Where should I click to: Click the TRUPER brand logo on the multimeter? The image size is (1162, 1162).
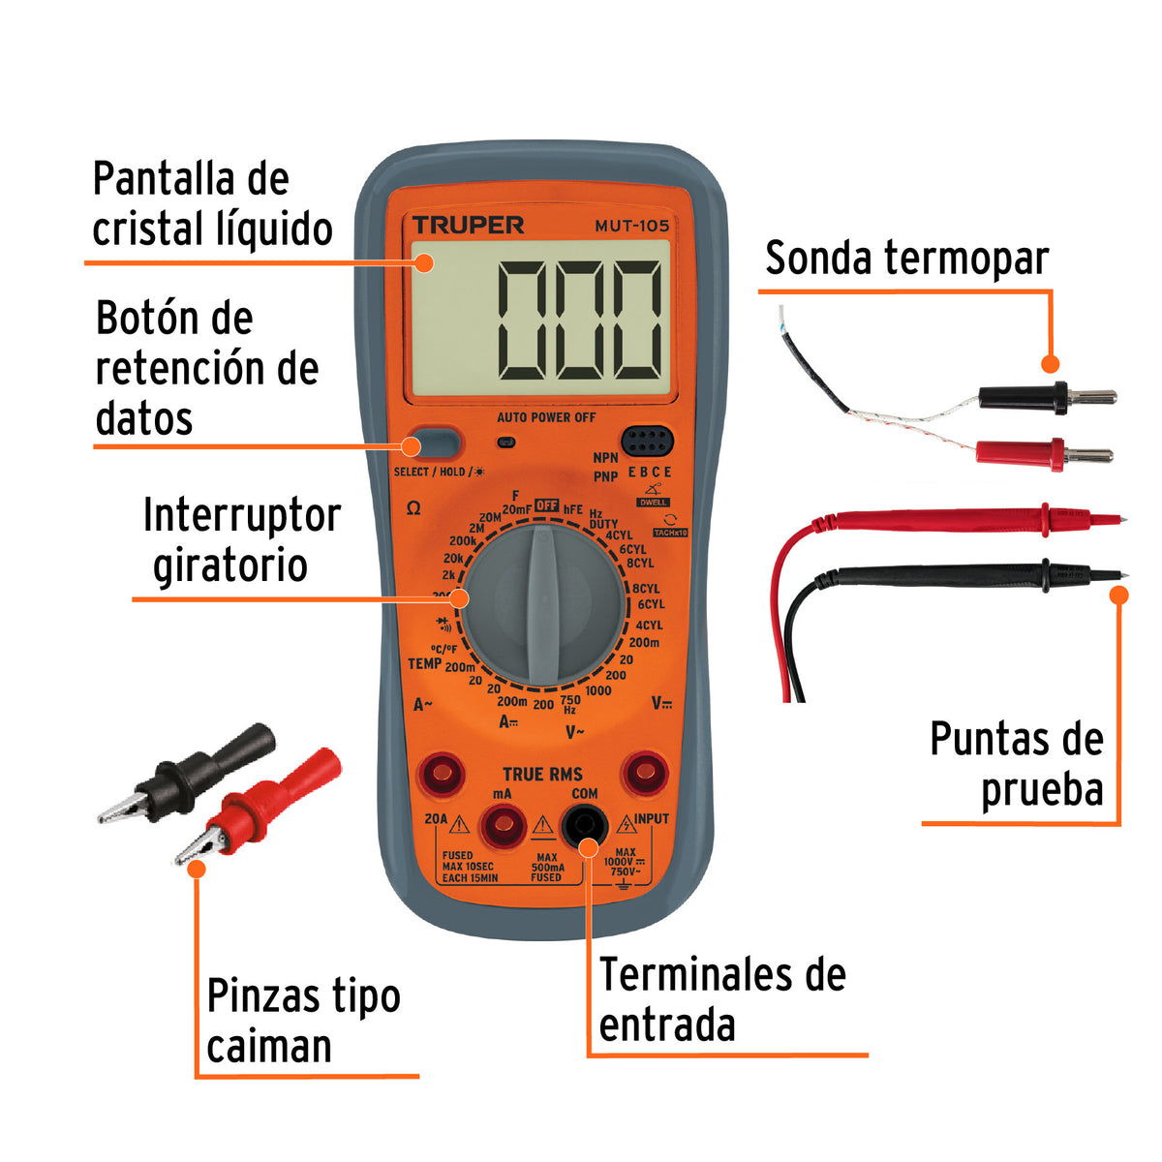coord(468,226)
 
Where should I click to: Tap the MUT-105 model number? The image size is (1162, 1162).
coord(631,227)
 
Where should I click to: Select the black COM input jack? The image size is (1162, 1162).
coord(584,826)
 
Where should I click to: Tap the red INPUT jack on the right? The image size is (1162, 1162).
coord(644,774)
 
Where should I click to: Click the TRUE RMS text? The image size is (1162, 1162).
coord(542,774)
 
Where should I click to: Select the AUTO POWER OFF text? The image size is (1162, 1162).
coord(546,417)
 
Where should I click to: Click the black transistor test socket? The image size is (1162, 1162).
coord(647,443)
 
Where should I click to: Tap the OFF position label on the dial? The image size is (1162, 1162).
coord(546,505)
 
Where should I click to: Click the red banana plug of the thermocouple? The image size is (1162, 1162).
coord(1046,453)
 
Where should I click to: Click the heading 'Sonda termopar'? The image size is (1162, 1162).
coord(906,259)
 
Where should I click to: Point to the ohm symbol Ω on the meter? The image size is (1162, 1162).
coord(413,508)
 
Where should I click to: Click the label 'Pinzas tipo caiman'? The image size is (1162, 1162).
coord(303,1021)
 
